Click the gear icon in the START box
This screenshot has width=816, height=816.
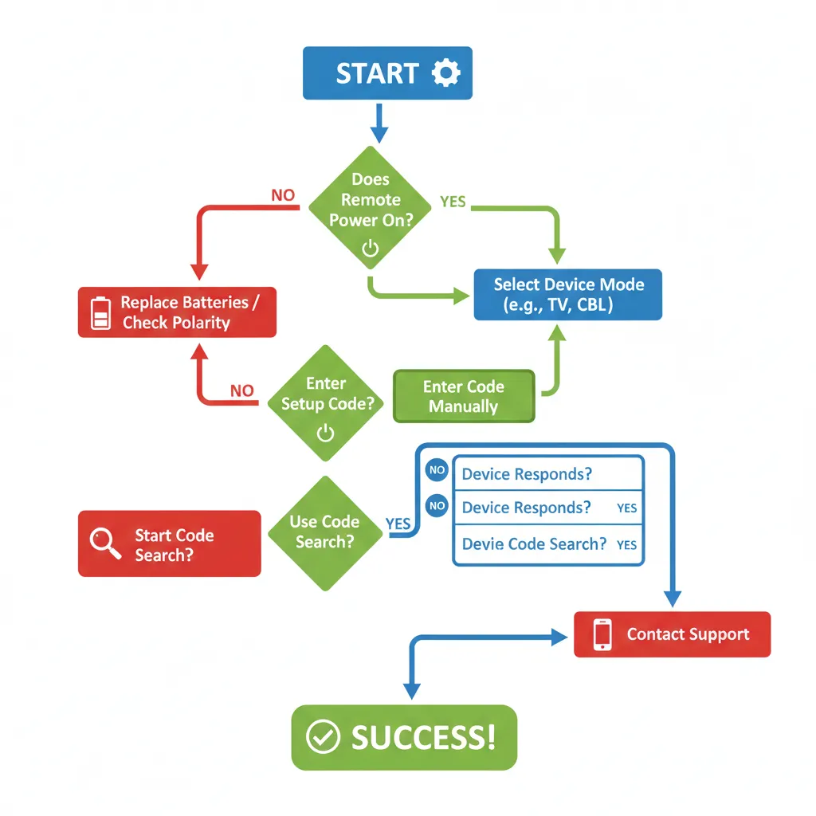tap(445, 73)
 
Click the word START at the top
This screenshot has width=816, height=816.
tap(376, 73)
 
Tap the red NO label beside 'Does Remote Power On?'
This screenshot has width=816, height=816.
tap(283, 195)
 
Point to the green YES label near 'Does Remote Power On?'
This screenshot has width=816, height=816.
tap(453, 202)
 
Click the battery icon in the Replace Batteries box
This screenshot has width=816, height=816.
tap(101, 312)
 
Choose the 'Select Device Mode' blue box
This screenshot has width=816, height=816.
tap(567, 295)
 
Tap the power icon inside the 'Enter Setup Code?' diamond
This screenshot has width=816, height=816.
tap(325, 433)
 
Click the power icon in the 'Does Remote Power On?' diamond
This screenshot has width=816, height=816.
tap(371, 249)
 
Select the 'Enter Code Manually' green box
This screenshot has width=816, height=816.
tap(464, 396)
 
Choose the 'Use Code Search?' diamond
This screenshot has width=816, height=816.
tap(324, 532)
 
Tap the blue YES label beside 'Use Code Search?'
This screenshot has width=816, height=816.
tap(398, 524)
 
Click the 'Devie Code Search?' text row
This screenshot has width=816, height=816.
tap(534, 544)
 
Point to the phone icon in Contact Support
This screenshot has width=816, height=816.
tap(602, 634)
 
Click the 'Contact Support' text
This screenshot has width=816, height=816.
tap(688, 634)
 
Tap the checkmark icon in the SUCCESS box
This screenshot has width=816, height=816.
tap(323, 737)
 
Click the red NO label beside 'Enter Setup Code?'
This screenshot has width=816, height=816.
tap(241, 390)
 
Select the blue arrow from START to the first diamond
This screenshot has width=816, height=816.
tap(379, 123)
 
